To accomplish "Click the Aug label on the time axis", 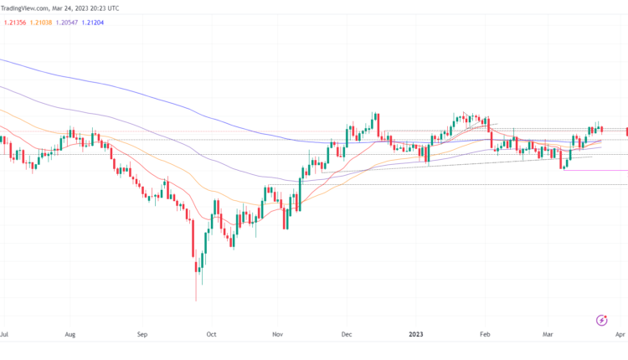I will coord(70,333).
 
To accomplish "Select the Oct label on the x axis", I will coord(212,333).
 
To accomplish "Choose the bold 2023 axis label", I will coord(416,333).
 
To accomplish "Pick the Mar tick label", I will coord(548,333).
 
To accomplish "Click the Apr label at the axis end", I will coord(620,333).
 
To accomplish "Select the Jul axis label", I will coord(5,333).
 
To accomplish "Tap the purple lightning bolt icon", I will coord(601,320).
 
